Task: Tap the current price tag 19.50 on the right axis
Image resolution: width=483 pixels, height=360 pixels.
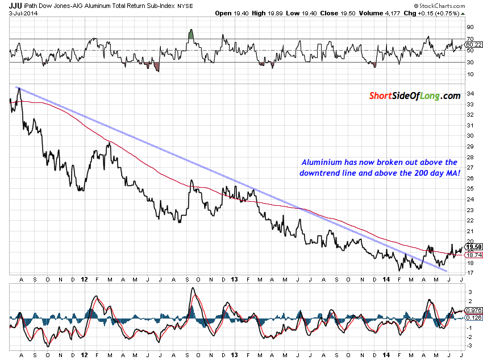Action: point(473,247)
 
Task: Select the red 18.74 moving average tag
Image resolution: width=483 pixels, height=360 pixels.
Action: point(473,255)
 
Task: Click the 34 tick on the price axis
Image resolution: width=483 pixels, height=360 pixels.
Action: point(469,93)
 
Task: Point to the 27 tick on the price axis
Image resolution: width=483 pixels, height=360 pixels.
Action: point(469,167)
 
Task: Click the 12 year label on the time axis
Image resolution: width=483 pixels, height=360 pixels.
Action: point(84,280)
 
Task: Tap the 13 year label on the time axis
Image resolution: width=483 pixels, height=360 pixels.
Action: point(235,280)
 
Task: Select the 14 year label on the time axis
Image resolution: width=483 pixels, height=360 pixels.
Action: point(386,280)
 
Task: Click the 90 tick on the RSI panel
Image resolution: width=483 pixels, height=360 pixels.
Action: point(470,27)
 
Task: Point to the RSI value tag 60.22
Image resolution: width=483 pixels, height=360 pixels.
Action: point(473,44)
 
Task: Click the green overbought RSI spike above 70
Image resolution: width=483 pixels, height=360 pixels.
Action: point(191,35)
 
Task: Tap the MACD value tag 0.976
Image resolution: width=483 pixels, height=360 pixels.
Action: point(473,310)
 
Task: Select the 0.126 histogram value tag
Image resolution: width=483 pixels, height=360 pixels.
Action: point(473,317)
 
